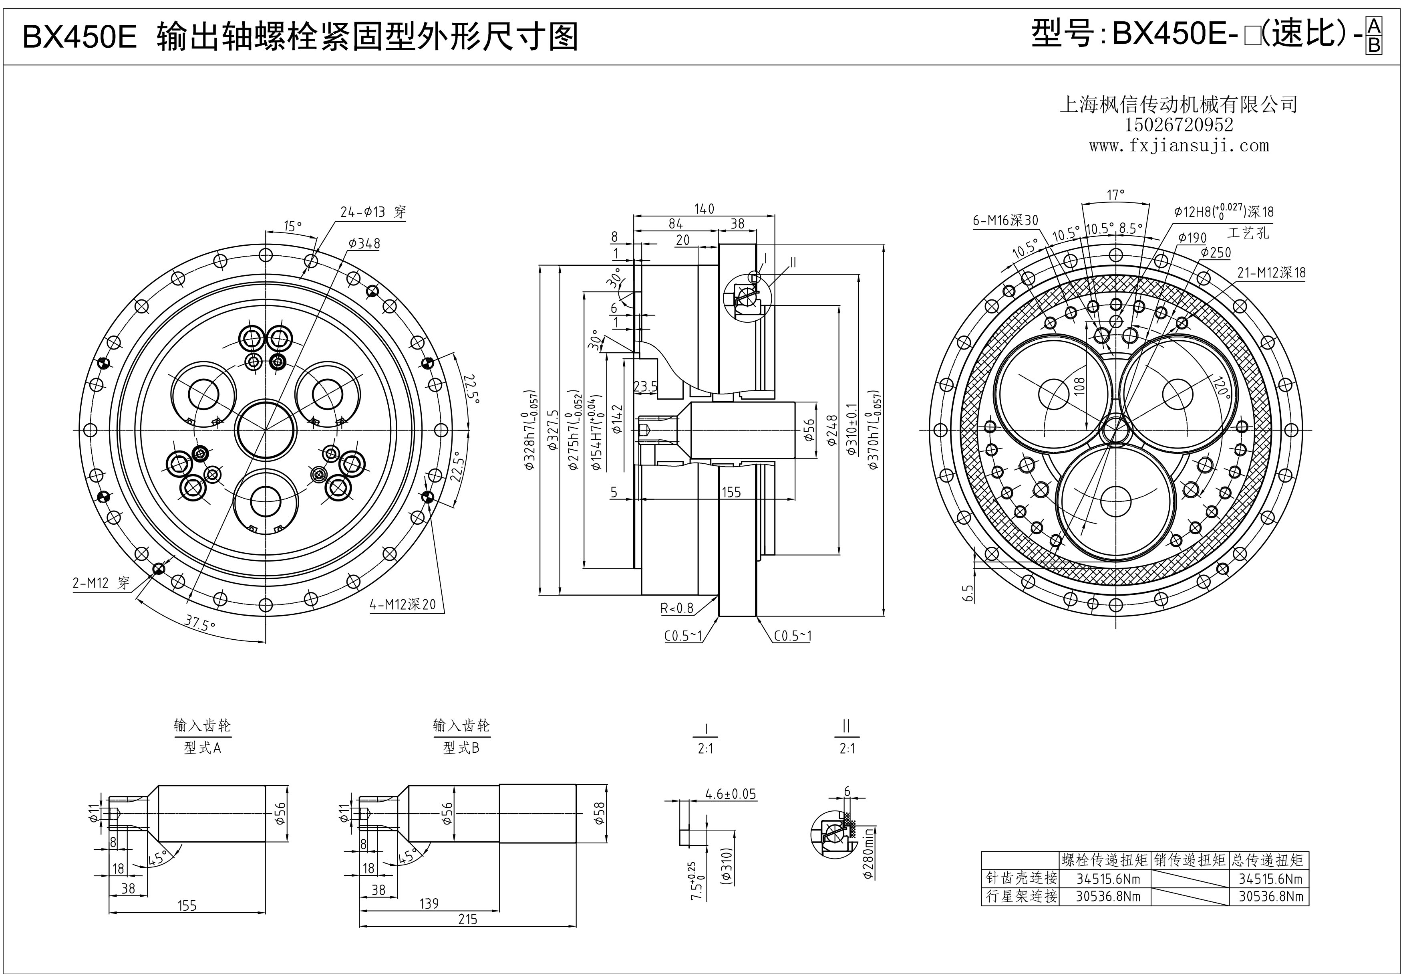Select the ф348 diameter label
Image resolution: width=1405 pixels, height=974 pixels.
coord(364,244)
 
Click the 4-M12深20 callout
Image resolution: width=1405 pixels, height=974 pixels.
coord(403,604)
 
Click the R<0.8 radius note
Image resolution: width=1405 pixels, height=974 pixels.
coord(677,608)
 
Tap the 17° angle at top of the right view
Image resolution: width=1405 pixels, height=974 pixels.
coord(1115,195)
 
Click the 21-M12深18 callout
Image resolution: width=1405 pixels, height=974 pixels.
coord(1272,273)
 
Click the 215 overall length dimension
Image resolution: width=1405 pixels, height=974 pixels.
coord(468,919)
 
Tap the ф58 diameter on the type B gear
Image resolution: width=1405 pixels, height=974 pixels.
coord(599,814)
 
